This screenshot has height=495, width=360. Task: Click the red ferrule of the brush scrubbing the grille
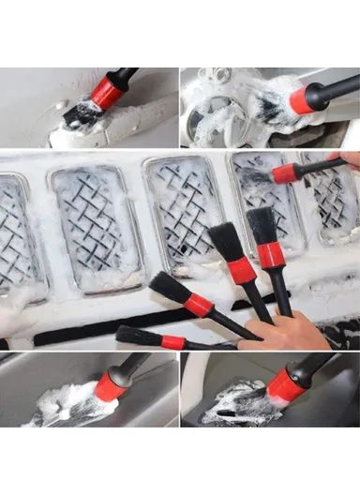click(285, 172)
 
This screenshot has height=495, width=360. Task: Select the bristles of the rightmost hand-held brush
click(262, 224)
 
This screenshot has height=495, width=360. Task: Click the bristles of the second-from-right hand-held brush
click(226, 241)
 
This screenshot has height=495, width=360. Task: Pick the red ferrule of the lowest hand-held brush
click(173, 341)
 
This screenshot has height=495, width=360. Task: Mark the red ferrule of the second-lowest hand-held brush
click(199, 305)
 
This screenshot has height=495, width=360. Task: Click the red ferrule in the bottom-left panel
click(110, 385)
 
